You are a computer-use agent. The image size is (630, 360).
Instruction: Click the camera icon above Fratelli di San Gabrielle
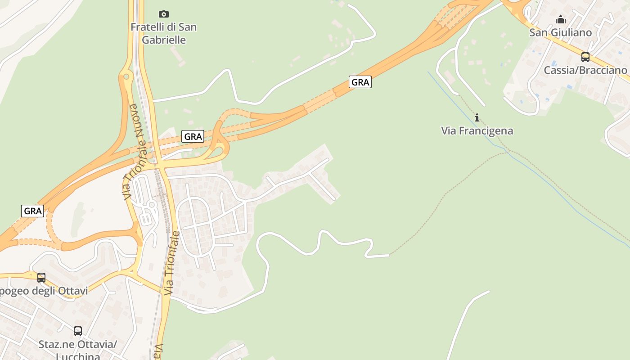click(164, 14)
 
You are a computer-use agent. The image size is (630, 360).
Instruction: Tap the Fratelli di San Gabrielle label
click(164, 33)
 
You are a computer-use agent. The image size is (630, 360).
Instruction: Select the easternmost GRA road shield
click(360, 82)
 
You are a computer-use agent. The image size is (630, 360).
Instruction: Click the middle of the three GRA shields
click(193, 136)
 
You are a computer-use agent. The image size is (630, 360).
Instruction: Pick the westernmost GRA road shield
click(33, 211)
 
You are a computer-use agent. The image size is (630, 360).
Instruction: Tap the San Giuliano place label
click(560, 32)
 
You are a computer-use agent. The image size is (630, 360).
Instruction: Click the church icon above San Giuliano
click(561, 19)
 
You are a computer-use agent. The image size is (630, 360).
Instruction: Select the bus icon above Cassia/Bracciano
click(585, 57)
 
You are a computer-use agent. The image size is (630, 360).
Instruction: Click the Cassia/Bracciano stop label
click(585, 70)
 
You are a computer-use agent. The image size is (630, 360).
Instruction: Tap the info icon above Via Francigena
click(477, 118)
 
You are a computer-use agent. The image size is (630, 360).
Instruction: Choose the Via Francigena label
click(477, 131)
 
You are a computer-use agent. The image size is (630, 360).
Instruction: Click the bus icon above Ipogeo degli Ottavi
click(41, 278)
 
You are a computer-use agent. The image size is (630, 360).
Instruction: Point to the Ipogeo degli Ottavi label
click(43, 291)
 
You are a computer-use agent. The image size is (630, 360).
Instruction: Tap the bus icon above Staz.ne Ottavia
click(78, 331)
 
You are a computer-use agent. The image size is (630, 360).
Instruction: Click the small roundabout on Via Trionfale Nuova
click(126, 76)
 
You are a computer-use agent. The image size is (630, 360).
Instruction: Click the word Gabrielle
click(164, 40)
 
